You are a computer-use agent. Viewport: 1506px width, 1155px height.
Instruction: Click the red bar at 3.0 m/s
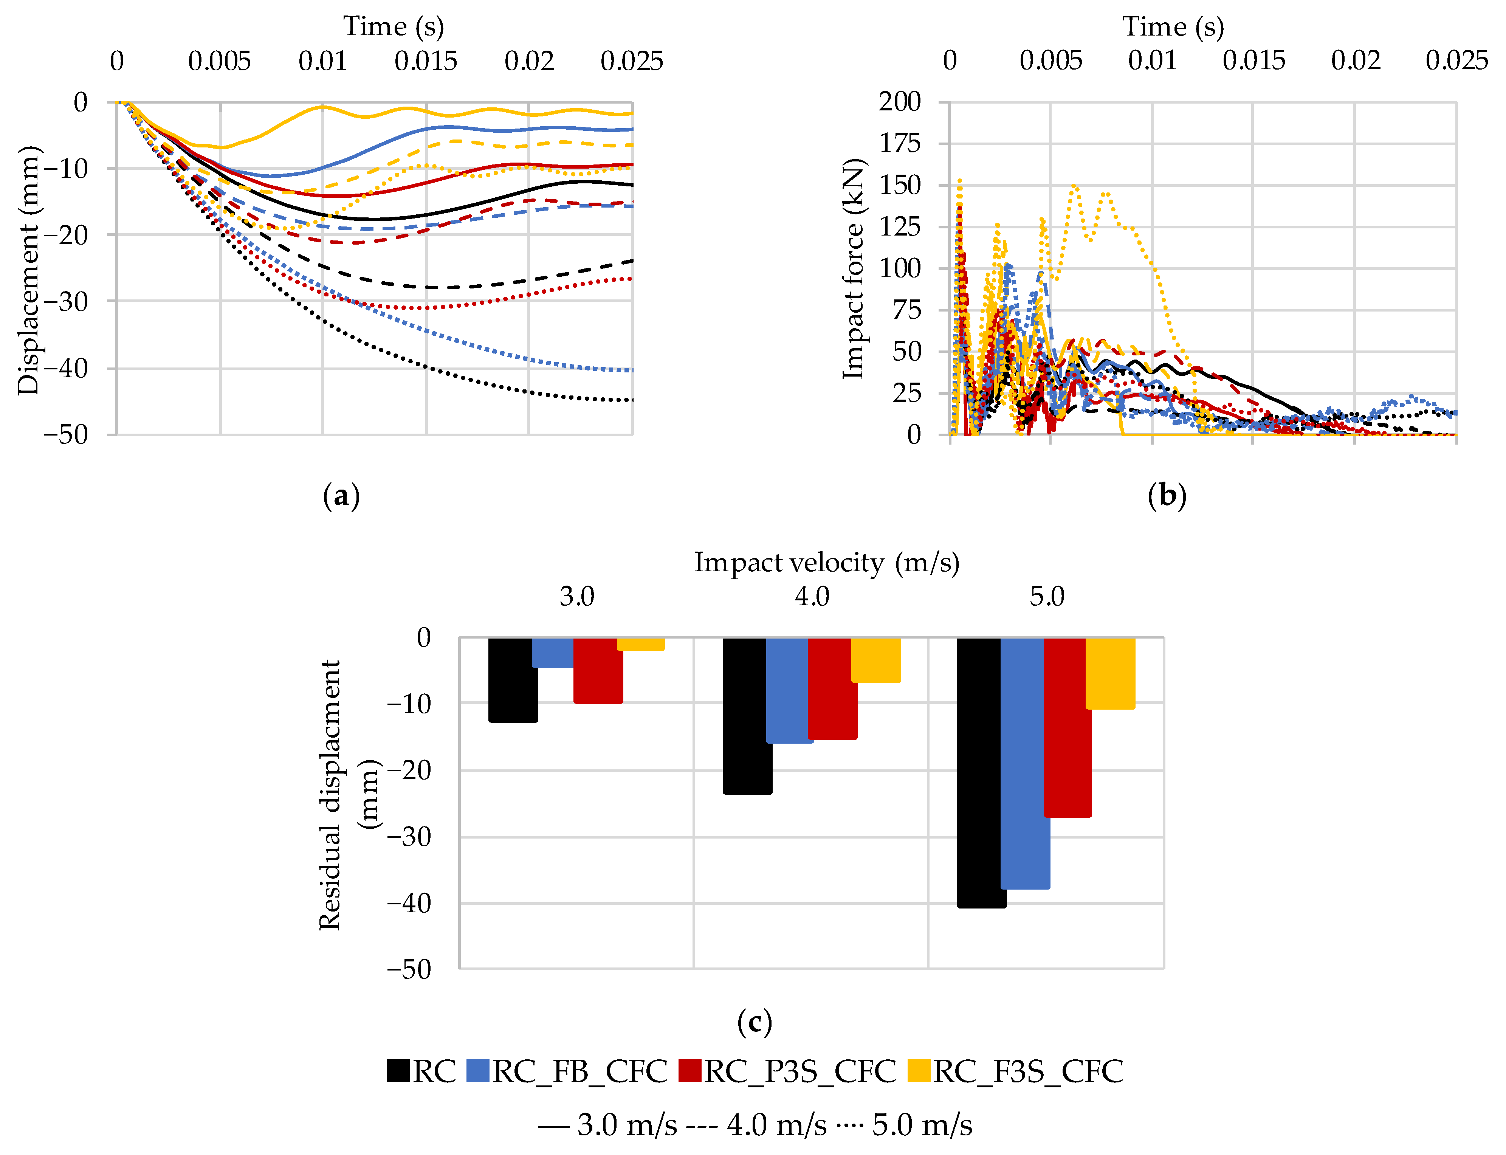pyautogui.click(x=598, y=670)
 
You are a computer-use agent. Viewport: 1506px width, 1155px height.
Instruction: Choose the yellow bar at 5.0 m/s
pyautogui.click(x=1110, y=673)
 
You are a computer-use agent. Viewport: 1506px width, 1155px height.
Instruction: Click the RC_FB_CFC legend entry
pyautogui.click(x=567, y=1071)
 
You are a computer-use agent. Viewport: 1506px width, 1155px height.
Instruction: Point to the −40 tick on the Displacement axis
pyautogui.click(x=66, y=369)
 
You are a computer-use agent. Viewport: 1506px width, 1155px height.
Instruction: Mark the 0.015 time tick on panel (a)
pyautogui.click(x=426, y=61)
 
